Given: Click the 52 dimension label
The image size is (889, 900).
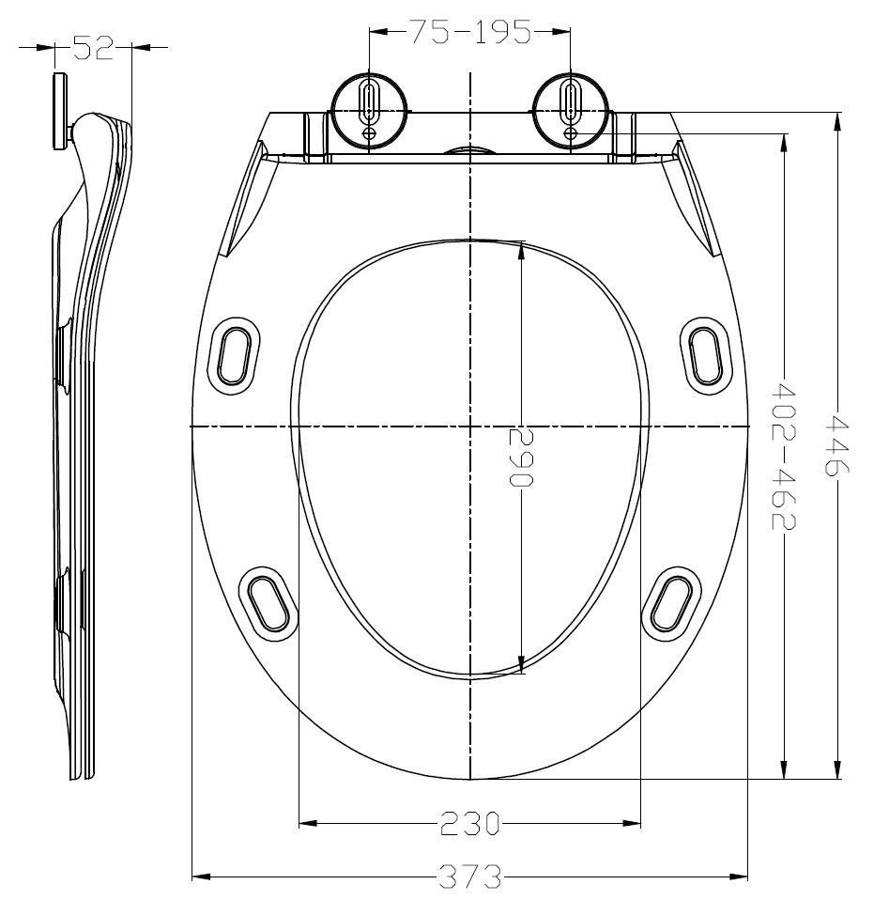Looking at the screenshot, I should (x=93, y=48).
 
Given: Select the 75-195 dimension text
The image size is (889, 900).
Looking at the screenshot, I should (x=469, y=34).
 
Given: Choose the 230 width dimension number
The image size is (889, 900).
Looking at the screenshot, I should (x=469, y=825).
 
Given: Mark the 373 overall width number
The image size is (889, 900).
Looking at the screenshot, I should (x=469, y=878).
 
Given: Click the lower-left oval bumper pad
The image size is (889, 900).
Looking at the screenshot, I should (x=269, y=599).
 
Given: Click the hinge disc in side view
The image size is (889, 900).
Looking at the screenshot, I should (x=60, y=109).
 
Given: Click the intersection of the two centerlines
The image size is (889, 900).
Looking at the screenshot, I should (x=469, y=427).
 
